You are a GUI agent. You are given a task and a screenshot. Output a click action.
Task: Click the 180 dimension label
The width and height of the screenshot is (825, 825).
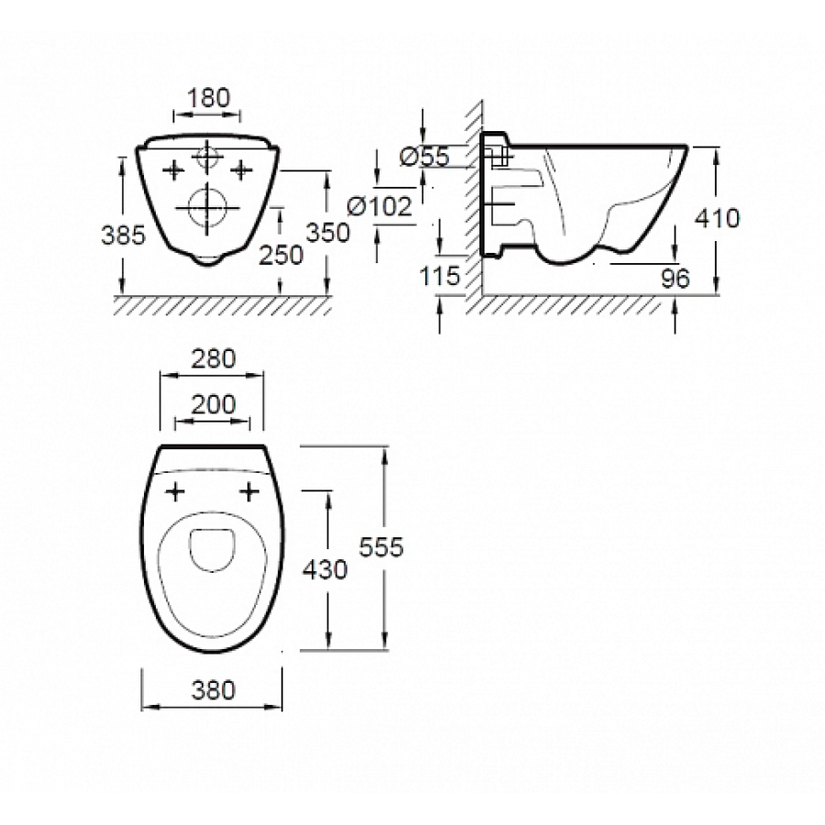point(208,98)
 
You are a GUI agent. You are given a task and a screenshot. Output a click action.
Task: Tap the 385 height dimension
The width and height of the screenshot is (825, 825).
point(123,235)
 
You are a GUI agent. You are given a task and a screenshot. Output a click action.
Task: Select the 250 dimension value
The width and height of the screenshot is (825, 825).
point(281,255)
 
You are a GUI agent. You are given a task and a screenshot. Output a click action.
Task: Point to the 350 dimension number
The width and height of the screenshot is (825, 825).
point(328,233)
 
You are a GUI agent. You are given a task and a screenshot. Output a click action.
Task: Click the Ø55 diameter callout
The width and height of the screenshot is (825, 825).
point(424,157)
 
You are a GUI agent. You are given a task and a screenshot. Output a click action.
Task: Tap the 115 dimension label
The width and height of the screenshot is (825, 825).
point(439,276)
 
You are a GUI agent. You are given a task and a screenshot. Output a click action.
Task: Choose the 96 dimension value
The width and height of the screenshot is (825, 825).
point(675,279)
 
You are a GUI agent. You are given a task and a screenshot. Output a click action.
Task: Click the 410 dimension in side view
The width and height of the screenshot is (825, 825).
point(717,218)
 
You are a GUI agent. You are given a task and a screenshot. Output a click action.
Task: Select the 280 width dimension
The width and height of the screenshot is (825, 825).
point(213,358)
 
